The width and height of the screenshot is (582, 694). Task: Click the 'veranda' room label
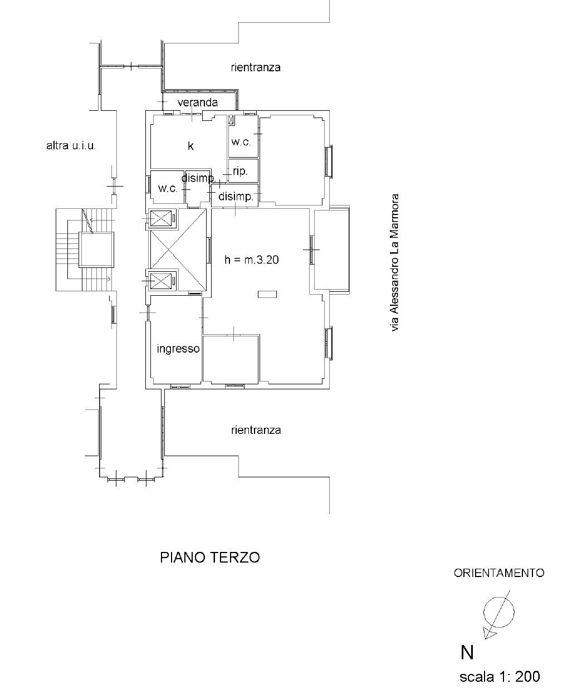(x=198, y=102)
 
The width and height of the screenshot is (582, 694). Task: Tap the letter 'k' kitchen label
(x=190, y=145)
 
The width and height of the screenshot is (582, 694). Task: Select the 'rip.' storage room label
(x=240, y=171)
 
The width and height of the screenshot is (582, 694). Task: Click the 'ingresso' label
(x=178, y=349)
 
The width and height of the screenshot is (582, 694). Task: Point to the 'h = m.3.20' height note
(x=252, y=260)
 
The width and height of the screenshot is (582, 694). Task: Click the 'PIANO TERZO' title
(x=210, y=558)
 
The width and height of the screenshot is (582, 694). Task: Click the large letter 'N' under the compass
(x=467, y=652)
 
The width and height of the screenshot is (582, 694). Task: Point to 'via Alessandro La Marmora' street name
(x=394, y=262)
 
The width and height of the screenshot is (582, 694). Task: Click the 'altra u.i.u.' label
(x=71, y=145)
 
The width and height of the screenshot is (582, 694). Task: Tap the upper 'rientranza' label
(x=256, y=67)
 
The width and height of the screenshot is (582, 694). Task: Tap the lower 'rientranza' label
(x=256, y=430)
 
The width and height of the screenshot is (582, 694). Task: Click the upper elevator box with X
(x=161, y=218)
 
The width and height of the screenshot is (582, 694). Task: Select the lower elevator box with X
(x=161, y=281)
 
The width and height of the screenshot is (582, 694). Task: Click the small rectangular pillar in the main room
(x=267, y=294)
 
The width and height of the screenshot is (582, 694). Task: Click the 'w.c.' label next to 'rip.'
(x=241, y=142)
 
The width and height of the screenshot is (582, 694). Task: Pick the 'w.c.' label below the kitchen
(x=168, y=188)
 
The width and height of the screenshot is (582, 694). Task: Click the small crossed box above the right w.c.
(x=231, y=120)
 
